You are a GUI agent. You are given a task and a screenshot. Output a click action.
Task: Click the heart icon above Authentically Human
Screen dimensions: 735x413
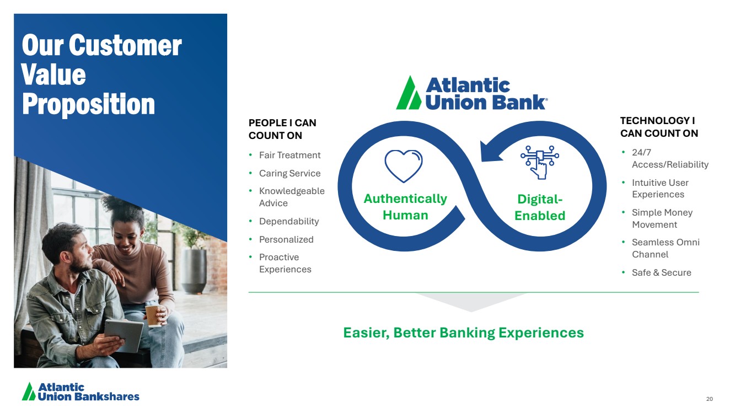coord(404,166)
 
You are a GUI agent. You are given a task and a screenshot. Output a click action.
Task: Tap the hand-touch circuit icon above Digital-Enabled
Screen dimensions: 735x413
coord(540,162)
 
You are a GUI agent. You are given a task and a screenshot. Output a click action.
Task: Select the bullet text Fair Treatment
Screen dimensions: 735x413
coord(289,155)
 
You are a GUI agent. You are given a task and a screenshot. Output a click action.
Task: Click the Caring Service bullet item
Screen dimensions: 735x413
coord(289,173)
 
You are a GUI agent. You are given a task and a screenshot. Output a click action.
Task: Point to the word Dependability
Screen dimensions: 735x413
coord(289,222)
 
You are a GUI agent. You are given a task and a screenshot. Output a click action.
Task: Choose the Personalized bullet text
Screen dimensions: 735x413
coord(286,239)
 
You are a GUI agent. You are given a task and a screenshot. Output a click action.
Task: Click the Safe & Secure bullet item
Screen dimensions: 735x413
coord(662,272)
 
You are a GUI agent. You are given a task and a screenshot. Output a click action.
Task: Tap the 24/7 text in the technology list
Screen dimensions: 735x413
coord(641,153)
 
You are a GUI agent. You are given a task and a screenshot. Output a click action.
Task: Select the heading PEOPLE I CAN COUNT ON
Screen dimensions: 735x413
coord(282,129)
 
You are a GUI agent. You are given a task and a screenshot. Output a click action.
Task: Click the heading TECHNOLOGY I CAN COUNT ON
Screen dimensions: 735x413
coord(659,127)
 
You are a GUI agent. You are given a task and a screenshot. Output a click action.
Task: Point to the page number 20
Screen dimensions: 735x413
coord(710,399)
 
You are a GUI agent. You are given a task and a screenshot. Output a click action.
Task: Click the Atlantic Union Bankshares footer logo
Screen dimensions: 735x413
coord(81,391)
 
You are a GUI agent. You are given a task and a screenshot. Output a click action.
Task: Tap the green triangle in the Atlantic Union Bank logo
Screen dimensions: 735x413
coord(409,93)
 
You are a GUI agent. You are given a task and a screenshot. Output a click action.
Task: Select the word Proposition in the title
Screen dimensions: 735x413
coord(88,104)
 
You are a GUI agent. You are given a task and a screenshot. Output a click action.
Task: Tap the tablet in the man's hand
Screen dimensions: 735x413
coord(124,335)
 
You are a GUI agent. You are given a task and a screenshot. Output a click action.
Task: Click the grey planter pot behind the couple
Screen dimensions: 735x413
coord(194,271)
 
